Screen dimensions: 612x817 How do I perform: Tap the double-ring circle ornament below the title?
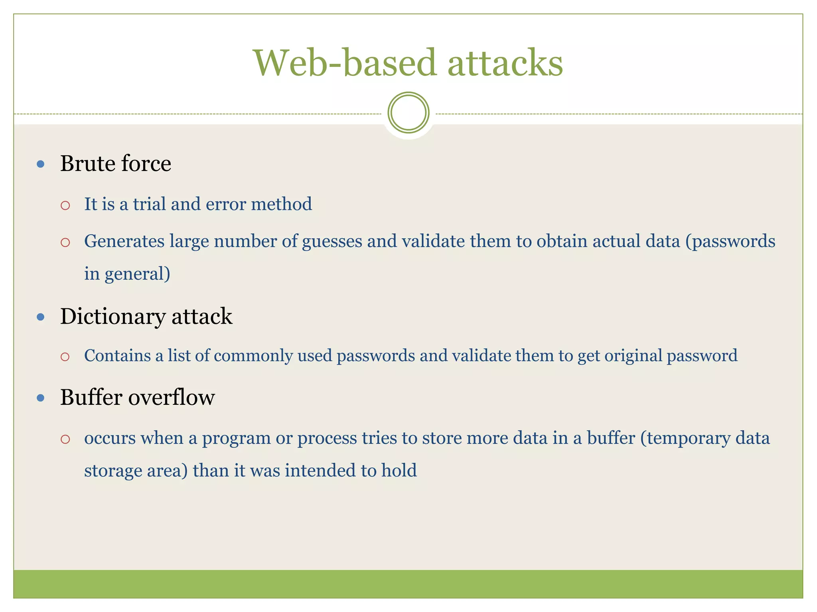[x=408, y=112]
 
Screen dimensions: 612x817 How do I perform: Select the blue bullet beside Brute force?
[x=40, y=164]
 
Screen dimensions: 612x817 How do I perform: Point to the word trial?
[x=149, y=204]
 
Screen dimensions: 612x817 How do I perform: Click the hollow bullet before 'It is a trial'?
[x=65, y=206]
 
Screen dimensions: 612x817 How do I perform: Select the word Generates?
[x=124, y=241]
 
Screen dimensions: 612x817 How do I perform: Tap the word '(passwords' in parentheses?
[x=730, y=241]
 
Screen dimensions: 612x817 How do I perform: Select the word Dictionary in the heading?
[x=112, y=317]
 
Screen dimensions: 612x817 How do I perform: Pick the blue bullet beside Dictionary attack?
[x=40, y=317]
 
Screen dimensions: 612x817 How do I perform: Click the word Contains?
[x=118, y=355]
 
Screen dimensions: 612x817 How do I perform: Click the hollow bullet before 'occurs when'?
[x=65, y=439]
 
